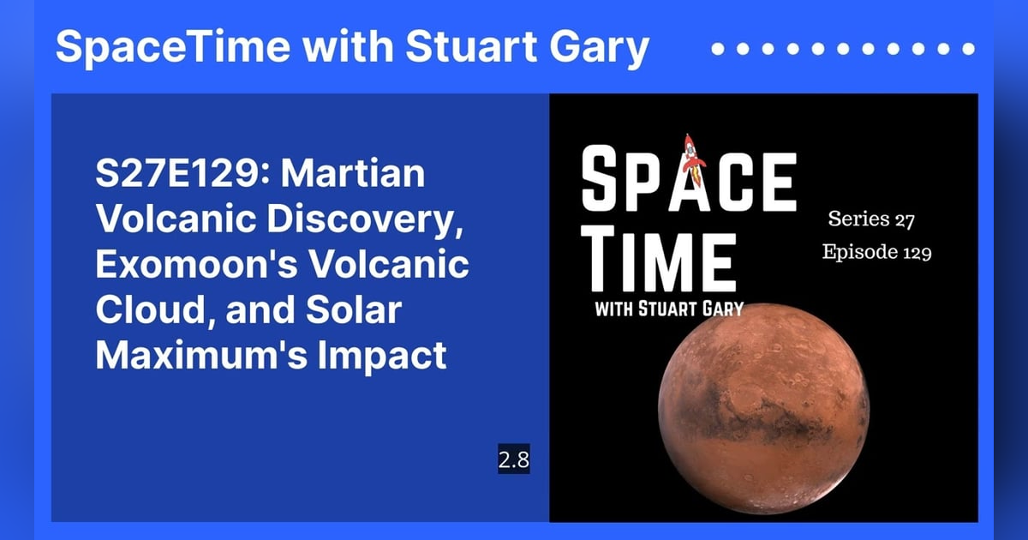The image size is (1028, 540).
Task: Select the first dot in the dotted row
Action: [x=718, y=50]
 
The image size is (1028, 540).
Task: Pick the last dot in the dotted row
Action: [x=968, y=50]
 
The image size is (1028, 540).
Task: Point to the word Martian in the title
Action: [x=353, y=175]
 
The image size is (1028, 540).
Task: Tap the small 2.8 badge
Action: [x=514, y=460]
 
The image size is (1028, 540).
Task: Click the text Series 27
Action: [x=871, y=220]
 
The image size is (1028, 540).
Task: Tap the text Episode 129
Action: [x=876, y=253]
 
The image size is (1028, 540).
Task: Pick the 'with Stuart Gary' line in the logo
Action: [x=668, y=309]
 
